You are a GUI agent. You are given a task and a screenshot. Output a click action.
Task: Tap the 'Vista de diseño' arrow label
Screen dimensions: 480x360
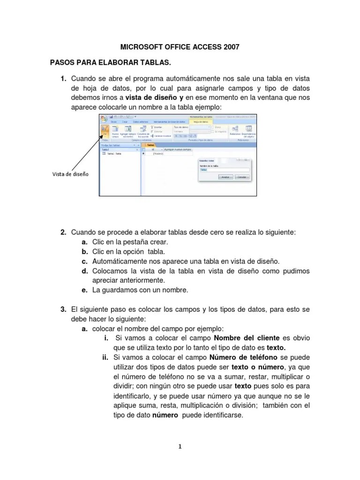70,174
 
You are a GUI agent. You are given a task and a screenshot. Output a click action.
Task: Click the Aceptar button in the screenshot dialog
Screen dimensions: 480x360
225,177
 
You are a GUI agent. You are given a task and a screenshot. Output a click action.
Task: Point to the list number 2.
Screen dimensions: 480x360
63,232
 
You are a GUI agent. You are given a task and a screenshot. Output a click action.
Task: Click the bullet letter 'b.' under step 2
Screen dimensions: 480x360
84,252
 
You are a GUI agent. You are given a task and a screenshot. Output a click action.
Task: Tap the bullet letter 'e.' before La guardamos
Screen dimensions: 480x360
84,290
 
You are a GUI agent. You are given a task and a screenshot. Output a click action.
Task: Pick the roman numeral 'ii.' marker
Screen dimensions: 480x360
105,358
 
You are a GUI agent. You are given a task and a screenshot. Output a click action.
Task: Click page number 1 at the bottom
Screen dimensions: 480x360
180,446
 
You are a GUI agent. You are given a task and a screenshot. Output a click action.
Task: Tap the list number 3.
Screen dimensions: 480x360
63,310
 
